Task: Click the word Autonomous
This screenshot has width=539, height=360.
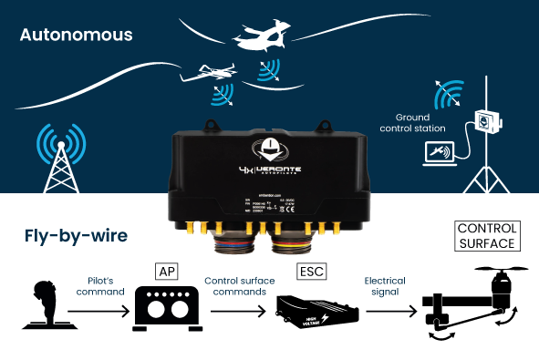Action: point(76,36)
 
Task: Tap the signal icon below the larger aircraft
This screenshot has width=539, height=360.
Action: point(268,70)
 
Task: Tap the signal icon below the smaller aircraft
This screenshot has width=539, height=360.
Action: point(222,95)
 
